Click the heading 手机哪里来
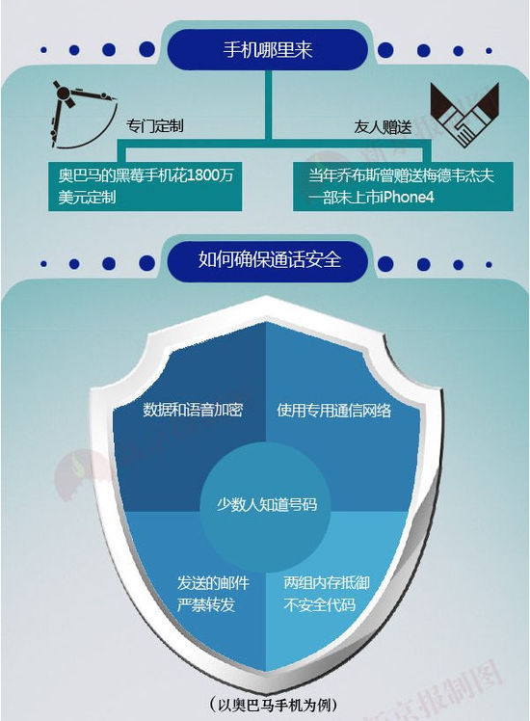click(268, 49)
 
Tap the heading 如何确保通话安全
click(270, 259)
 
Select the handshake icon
click(464, 115)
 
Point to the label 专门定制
click(155, 125)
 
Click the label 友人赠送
click(383, 126)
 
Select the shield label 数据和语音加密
click(193, 410)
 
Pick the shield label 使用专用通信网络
click(334, 411)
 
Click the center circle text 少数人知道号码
click(267, 504)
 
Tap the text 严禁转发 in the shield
click(206, 604)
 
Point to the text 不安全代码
click(320, 604)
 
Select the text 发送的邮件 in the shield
click(213, 583)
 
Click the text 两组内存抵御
click(327, 583)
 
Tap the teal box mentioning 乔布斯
click(403, 186)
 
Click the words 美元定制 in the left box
click(87, 198)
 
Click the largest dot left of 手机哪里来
click(147, 49)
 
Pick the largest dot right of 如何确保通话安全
click(385, 264)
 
